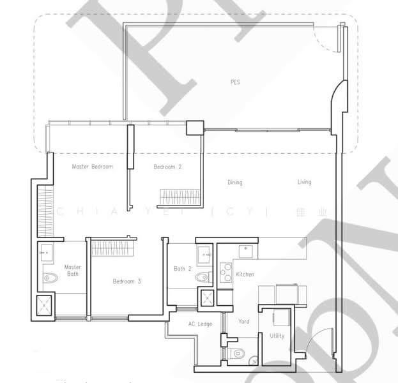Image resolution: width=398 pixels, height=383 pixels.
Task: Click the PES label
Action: (x=236, y=82)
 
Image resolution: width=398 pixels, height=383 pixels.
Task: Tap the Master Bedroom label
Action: (x=92, y=167)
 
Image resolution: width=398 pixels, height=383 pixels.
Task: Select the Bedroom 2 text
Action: (x=167, y=167)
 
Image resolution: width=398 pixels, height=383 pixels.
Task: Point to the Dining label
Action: (x=235, y=183)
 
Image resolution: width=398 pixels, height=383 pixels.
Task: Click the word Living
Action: (x=304, y=182)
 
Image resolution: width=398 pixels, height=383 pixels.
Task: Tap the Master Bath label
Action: (x=72, y=271)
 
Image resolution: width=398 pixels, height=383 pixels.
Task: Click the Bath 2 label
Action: (x=183, y=269)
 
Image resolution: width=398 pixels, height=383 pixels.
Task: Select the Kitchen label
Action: (x=245, y=274)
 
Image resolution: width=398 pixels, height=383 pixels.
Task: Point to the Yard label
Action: (x=244, y=322)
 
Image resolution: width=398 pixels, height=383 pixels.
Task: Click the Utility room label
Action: (x=277, y=336)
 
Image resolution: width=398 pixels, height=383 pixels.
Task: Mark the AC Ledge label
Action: (x=201, y=324)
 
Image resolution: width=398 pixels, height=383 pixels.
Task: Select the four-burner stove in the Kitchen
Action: (x=226, y=273)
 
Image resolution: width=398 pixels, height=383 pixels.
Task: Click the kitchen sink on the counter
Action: (x=243, y=250)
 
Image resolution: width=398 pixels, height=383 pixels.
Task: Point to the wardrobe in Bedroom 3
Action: (x=112, y=247)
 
